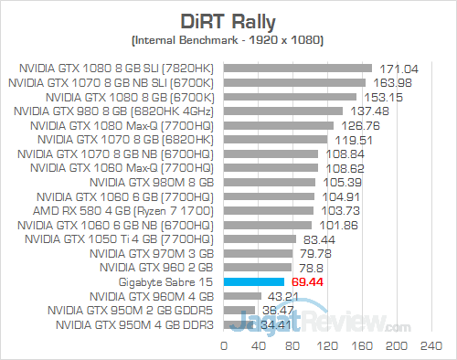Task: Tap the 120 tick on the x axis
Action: click(326, 346)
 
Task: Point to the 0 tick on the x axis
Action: click(224, 346)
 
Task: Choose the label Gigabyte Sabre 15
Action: click(171, 282)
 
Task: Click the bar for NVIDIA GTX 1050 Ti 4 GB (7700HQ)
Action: click(260, 239)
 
